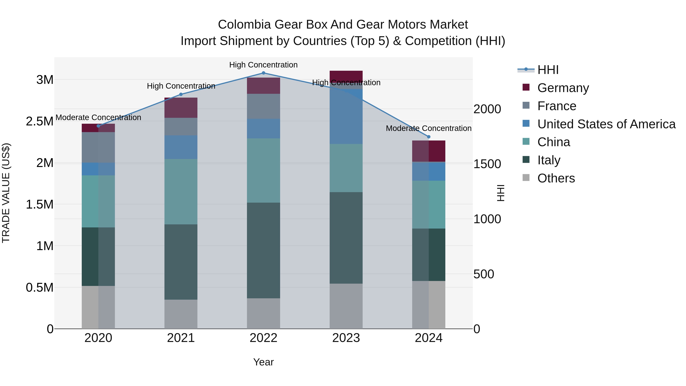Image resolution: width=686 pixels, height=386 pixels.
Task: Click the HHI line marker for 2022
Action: [263, 73]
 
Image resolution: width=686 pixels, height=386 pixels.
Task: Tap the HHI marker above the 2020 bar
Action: [98, 126]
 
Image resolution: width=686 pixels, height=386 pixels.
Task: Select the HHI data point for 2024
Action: [429, 137]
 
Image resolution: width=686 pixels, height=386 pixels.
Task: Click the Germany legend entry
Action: [563, 88]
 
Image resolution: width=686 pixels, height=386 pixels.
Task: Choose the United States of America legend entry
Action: [606, 124]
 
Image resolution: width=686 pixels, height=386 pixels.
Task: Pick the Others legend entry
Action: [556, 178]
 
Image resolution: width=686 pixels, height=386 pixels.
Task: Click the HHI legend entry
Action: [548, 70]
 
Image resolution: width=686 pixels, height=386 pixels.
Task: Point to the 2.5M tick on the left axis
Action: [40, 121]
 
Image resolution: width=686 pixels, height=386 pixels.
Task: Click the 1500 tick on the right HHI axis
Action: [487, 164]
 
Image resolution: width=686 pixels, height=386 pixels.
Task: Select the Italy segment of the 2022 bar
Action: [263, 250]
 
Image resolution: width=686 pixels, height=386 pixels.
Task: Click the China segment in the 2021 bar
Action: [181, 192]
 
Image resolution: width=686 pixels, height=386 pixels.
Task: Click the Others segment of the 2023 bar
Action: [346, 306]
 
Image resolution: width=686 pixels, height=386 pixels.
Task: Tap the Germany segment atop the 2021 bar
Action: [181, 108]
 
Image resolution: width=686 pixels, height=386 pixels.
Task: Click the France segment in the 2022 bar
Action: [263, 107]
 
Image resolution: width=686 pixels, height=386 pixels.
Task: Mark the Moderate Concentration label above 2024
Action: [429, 128]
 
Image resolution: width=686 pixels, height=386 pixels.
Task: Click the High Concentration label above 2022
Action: [263, 65]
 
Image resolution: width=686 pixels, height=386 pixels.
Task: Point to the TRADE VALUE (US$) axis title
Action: [6, 193]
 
